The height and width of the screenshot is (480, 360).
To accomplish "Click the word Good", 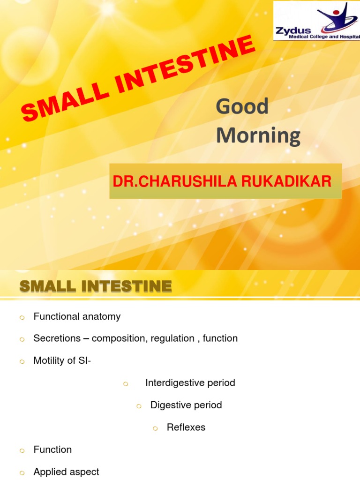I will [x=242, y=106].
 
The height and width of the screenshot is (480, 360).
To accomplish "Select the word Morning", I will [x=258, y=135].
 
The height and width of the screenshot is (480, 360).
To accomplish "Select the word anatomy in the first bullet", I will [x=102, y=316].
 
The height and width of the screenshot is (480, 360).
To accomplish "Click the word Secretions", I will [x=55, y=338].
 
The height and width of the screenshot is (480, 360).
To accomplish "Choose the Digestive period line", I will [x=186, y=405].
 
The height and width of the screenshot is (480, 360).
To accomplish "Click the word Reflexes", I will [x=186, y=427].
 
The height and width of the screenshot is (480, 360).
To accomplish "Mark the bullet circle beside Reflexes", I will [x=156, y=428].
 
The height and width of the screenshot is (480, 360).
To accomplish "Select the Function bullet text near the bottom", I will [x=52, y=450].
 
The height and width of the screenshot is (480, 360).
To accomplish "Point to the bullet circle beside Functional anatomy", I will [x=22, y=317].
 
